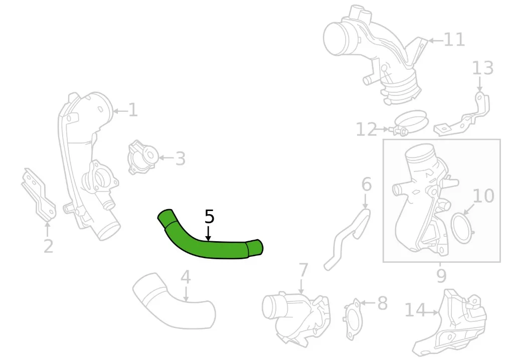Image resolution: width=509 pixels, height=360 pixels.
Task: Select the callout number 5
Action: (x=210, y=217)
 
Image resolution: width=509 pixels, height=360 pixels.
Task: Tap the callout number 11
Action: (x=454, y=40)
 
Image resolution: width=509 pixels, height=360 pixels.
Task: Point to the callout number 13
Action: (x=482, y=68)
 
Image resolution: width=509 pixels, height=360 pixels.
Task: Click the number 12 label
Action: (x=367, y=129)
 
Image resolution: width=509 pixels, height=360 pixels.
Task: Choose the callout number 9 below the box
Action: (x=441, y=276)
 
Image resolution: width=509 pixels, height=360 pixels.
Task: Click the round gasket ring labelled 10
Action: (x=462, y=228)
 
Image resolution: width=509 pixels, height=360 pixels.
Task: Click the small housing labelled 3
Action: (x=142, y=157)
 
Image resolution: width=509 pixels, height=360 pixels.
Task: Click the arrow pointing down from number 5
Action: (x=209, y=234)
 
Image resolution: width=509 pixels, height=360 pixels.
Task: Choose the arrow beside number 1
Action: (x=120, y=111)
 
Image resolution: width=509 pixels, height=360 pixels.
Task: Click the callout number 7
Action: (x=302, y=270)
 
